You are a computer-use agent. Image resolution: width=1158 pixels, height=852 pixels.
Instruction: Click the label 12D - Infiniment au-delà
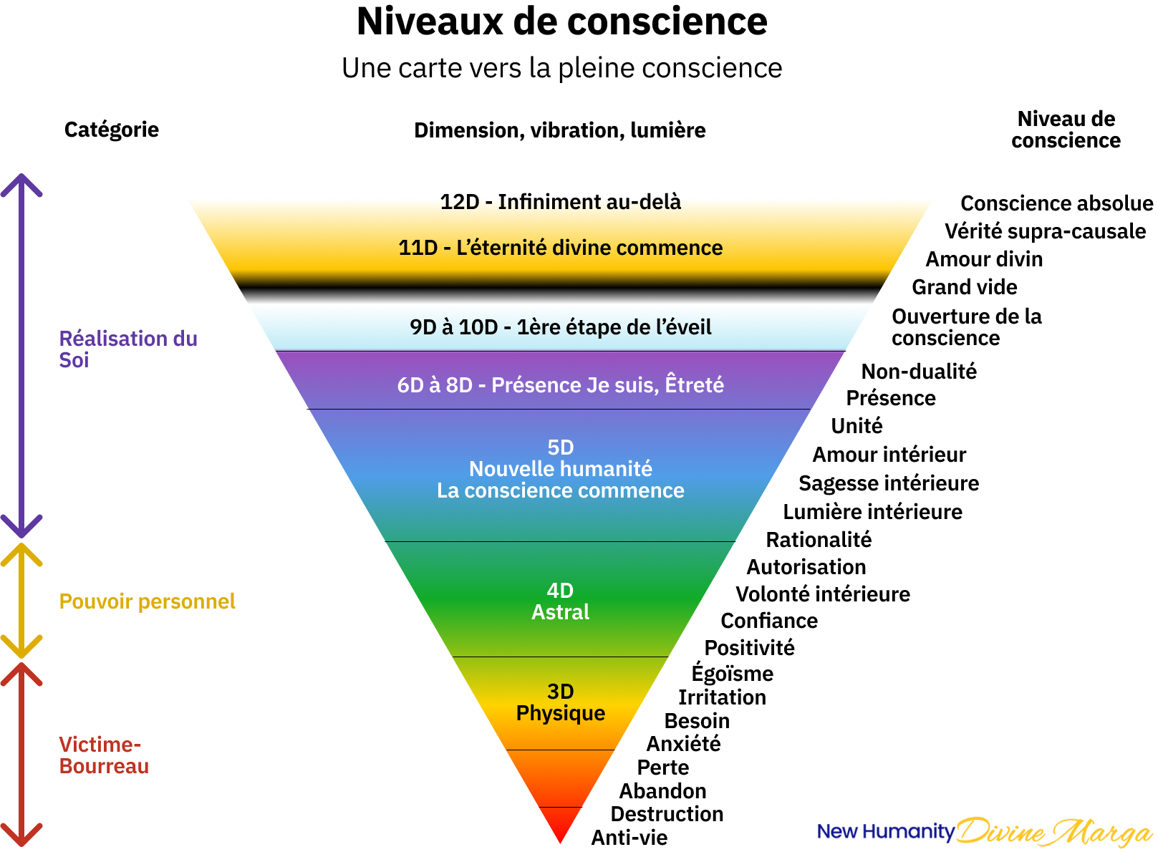560,202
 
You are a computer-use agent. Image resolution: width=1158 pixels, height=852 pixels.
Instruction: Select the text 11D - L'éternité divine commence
560,248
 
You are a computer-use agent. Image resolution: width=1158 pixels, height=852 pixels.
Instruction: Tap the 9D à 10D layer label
560,327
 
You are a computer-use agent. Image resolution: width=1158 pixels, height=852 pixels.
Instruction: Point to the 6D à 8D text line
560,385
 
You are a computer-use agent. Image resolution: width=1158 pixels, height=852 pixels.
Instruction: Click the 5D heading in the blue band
560,447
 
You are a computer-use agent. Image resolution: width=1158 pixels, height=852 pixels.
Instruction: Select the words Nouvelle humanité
560,469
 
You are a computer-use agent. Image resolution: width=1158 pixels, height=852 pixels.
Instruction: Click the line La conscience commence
560,490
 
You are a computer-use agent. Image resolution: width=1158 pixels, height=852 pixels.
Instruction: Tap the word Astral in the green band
560,612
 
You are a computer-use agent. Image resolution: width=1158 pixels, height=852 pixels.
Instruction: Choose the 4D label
560,591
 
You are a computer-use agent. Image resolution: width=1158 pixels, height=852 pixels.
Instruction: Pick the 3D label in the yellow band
560,692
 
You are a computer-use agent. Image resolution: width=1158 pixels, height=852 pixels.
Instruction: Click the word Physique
560,713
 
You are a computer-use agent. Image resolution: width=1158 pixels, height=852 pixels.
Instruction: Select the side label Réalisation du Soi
127,349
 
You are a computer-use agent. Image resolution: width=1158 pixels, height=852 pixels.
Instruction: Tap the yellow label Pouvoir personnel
147,601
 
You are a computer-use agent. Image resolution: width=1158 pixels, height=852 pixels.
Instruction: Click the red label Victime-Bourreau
104,755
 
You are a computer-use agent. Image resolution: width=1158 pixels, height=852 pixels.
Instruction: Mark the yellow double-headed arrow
21,600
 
